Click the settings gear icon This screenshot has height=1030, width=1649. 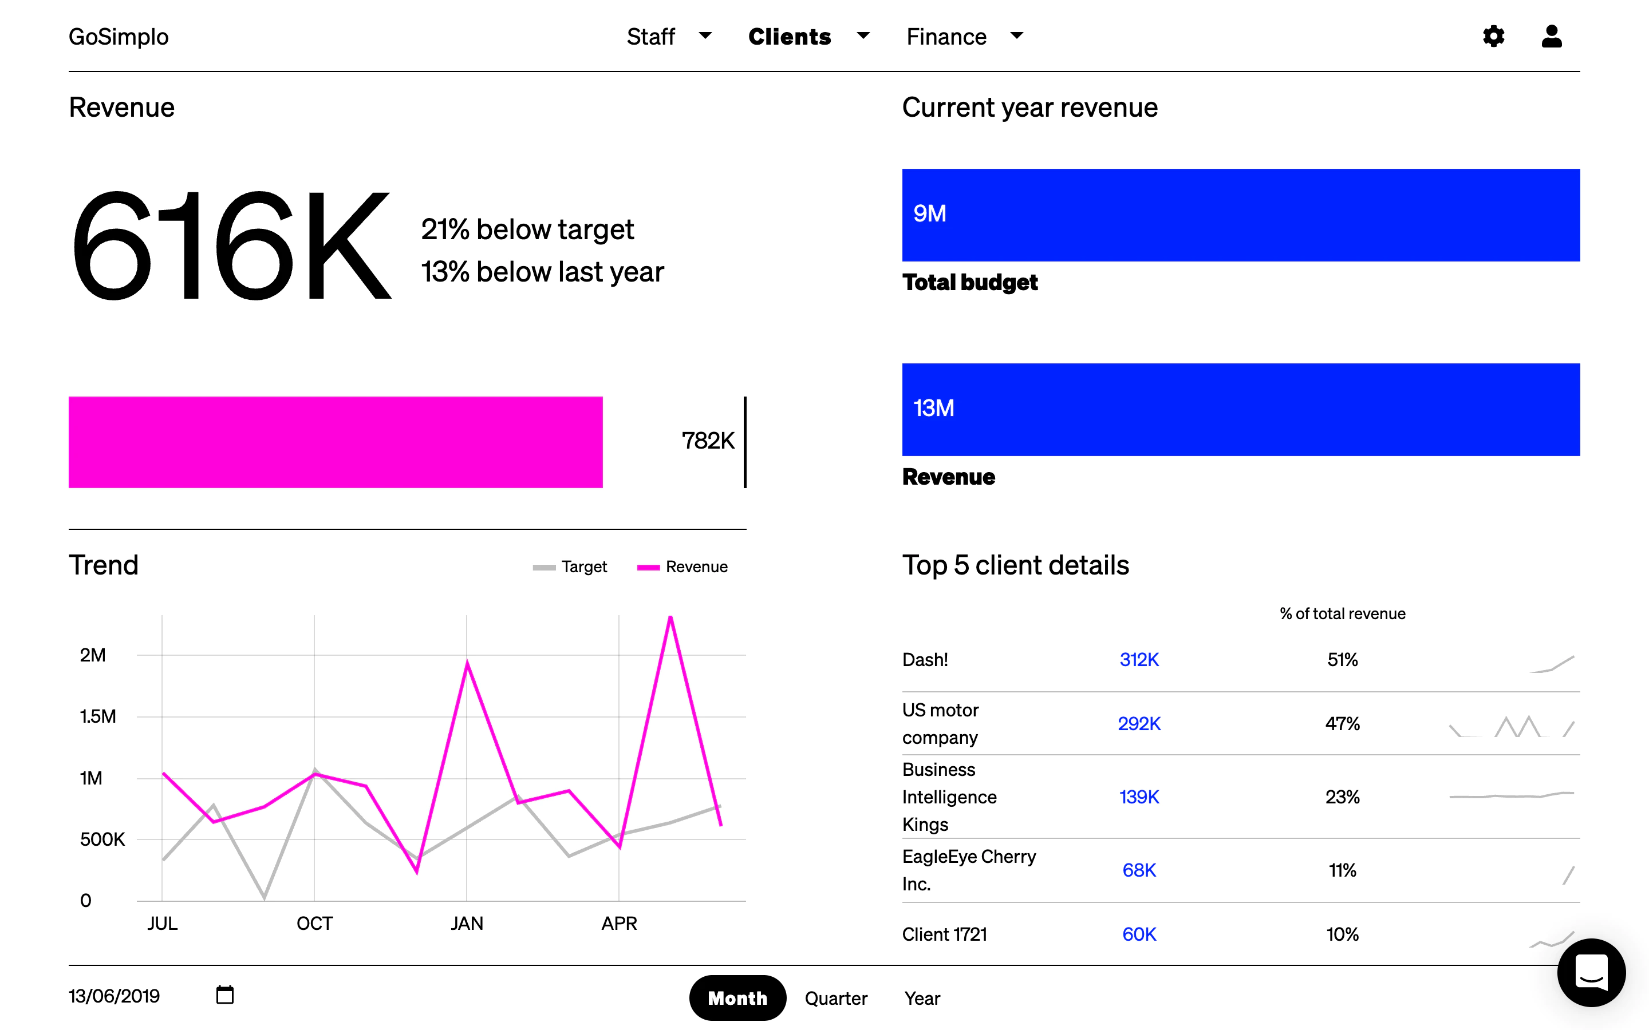(1493, 36)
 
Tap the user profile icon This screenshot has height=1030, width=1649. (1552, 36)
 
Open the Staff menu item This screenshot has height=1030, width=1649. (651, 37)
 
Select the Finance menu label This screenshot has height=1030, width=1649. (946, 37)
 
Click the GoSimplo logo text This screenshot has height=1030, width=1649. (119, 37)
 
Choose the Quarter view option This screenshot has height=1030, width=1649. (835, 998)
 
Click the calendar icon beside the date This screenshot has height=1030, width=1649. (225, 995)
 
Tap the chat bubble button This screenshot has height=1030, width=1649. (1591, 972)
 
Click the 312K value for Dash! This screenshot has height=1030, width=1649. (1139, 659)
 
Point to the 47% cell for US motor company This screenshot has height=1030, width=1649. (1342, 723)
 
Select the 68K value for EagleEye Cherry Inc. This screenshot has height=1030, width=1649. (1139, 870)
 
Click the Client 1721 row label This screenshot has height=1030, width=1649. (944, 934)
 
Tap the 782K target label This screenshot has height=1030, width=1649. (708, 441)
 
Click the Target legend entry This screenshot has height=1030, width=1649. (570, 566)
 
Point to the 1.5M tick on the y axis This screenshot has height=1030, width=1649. (97, 716)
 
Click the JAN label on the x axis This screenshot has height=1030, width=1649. (467, 924)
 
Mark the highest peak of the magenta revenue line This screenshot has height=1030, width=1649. (670, 617)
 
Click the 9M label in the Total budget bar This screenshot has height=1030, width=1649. (929, 214)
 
